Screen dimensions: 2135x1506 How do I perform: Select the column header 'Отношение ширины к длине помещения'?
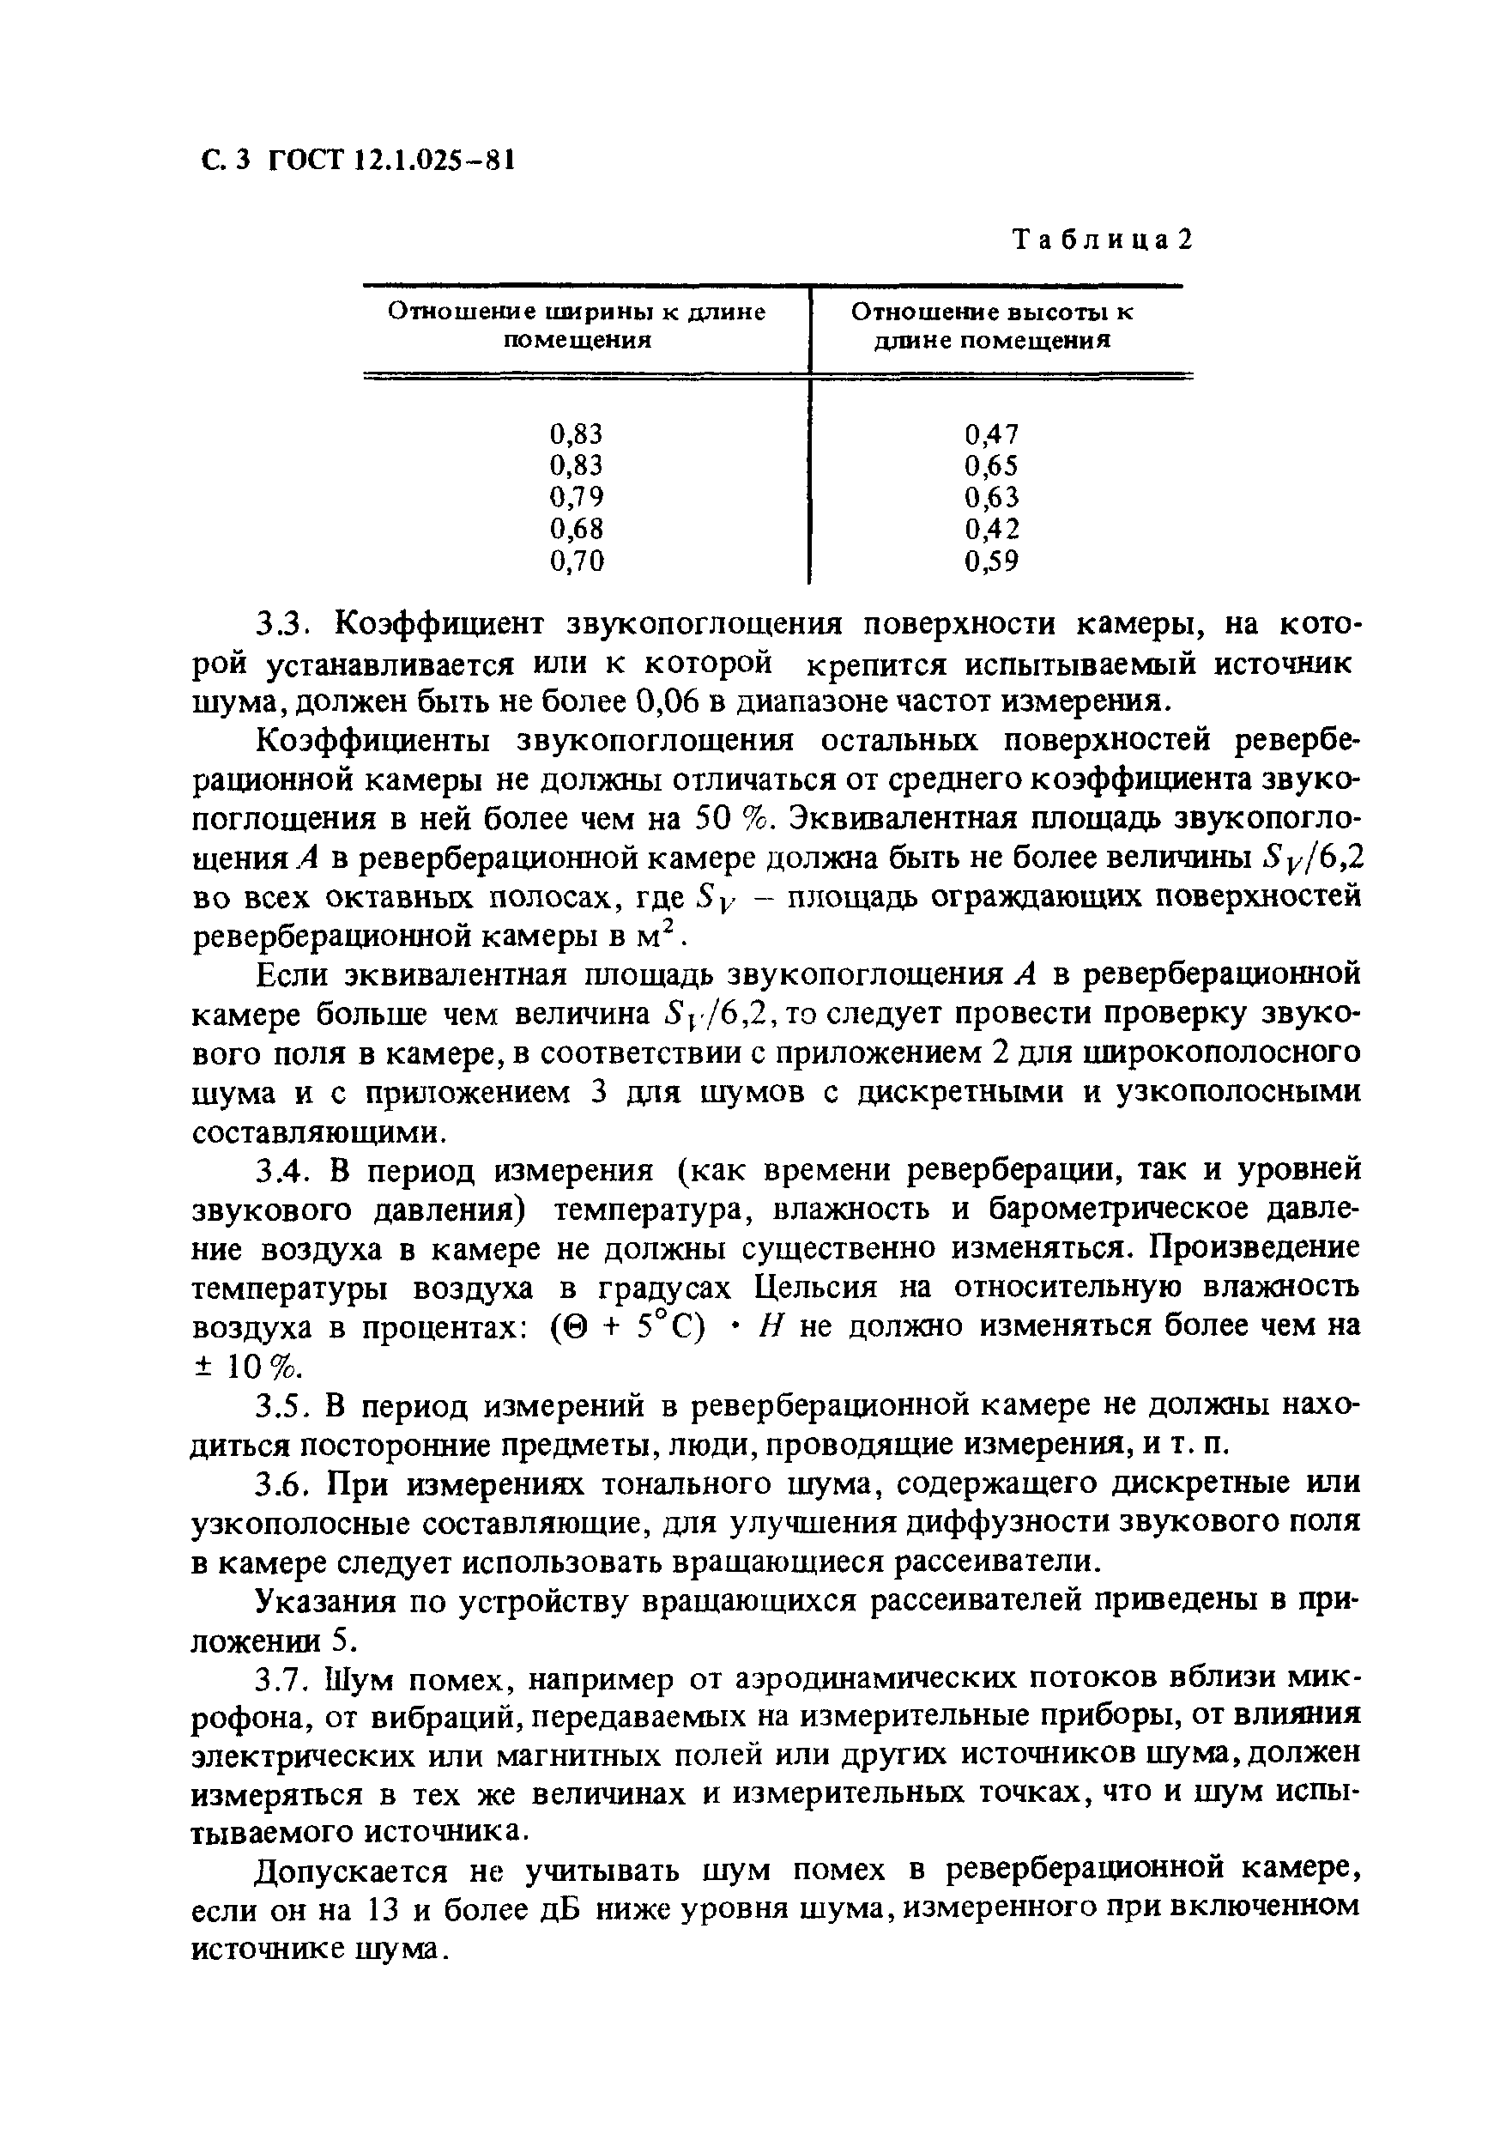pyautogui.click(x=577, y=325)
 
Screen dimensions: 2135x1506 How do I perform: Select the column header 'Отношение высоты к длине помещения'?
pyautogui.click(x=992, y=325)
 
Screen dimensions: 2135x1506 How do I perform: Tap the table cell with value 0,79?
pyautogui.click(x=577, y=496)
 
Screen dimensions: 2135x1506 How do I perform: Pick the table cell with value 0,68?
pyautogui.click(x=577, y=529)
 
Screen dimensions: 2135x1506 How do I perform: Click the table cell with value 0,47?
pyautogui.click(x=992, y=434)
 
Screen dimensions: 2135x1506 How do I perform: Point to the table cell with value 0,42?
pyautogui.click(x=992, y=529)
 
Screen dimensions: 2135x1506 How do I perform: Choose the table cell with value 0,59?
pyautogui.click(x=992, y=561)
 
